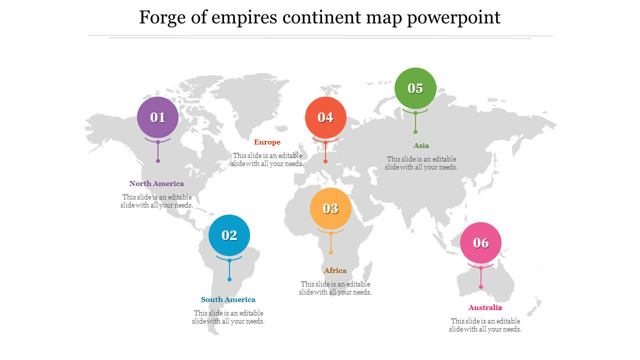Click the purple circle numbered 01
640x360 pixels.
pos(157,117)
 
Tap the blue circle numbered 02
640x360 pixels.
pos(229,235)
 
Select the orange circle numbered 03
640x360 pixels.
pos(330,208)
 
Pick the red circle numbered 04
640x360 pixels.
pos(325,117)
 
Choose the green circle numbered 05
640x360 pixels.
pos(415,88)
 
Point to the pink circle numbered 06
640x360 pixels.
pos(480,242)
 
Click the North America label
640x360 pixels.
pos(156,183)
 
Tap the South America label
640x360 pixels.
pos(228,299)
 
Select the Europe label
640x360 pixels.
pos(267,142)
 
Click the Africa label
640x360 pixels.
pos(335,270)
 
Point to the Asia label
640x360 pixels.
pos(421,145)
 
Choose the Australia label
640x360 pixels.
pos(485,307)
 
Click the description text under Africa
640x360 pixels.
pos(335,288)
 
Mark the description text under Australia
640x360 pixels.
pos(485,325)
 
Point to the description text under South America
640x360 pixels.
pos(228,317)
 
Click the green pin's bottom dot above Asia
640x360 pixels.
pos(415,132)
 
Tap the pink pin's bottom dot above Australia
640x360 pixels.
pos(481,287)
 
